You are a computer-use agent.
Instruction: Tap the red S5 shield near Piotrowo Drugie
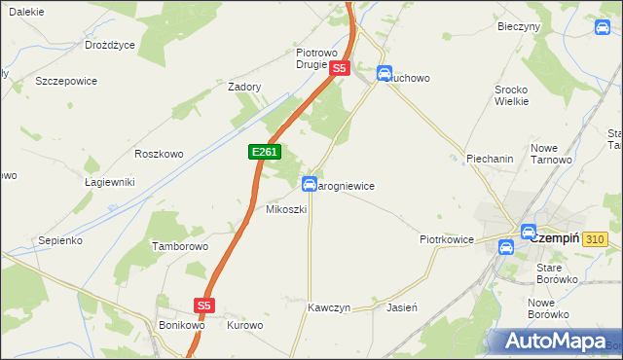339,69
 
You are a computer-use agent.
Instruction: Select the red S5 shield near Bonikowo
203,306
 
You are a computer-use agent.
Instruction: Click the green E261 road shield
266,153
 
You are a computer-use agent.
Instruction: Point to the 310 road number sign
597,239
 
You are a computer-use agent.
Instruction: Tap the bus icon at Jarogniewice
310,184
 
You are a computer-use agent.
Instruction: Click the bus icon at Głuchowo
385,74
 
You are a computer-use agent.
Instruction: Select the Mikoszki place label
286,210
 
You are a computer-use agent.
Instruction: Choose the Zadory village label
245,87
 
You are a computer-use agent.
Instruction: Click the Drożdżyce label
110,45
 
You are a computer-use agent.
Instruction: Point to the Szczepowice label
66,82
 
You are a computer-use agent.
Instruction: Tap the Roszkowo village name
159,154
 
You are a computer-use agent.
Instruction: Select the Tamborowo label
180,247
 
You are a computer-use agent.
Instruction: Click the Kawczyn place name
328,306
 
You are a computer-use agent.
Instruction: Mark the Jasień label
402,306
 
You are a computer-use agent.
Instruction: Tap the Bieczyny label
518,26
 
